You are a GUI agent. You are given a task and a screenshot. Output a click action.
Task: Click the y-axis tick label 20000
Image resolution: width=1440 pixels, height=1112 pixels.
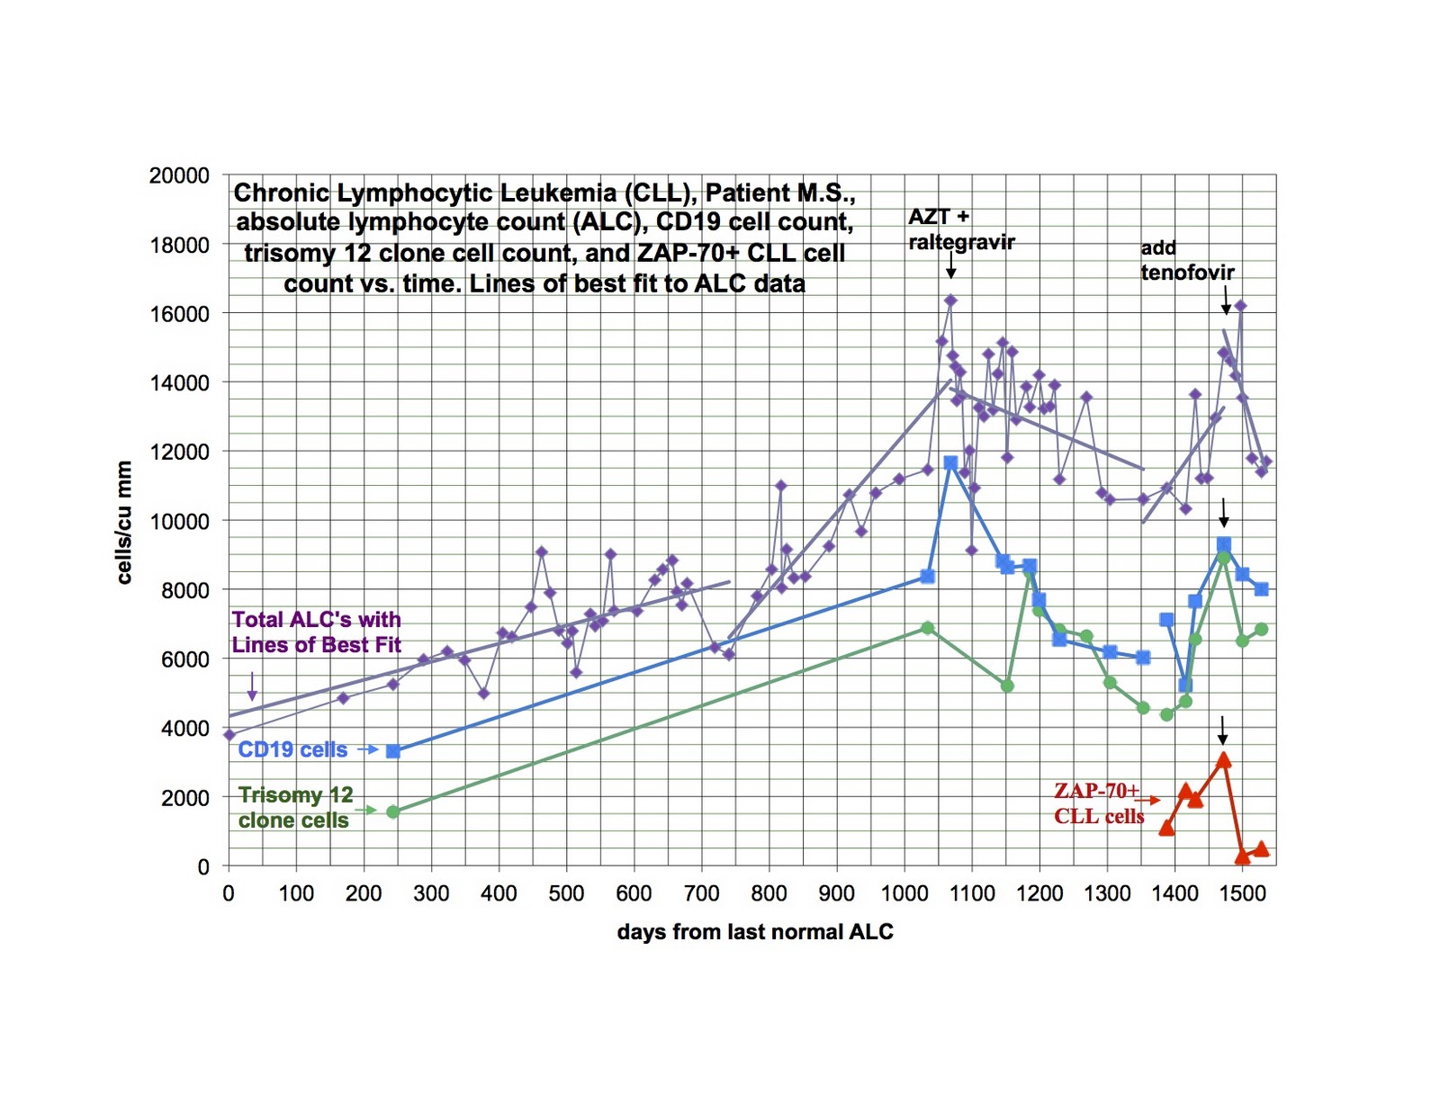179,175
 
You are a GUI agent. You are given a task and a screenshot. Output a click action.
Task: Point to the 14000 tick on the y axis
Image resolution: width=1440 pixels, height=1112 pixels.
179,382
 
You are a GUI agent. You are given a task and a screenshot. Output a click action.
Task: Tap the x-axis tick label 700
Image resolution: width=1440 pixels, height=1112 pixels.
702,893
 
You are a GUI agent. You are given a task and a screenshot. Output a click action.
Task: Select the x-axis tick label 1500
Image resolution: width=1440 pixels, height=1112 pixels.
1243,893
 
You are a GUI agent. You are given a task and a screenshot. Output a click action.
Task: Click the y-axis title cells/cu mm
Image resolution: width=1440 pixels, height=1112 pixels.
124,522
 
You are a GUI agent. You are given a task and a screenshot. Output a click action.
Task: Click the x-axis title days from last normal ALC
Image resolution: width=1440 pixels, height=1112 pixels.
755,932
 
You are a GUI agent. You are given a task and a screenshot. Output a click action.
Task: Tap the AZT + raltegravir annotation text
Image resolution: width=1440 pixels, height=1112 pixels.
960,229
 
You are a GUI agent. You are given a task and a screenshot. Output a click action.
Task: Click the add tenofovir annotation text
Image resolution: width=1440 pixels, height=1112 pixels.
1187,260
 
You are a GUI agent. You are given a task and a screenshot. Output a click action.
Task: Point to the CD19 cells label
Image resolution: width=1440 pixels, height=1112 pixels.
292,749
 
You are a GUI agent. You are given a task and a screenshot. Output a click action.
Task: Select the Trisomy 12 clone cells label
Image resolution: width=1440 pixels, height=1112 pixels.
295,807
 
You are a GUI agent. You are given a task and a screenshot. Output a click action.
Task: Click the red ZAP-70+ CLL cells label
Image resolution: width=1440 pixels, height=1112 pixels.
1099,803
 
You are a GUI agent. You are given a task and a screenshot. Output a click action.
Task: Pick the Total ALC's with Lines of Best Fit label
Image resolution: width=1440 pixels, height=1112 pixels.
316,632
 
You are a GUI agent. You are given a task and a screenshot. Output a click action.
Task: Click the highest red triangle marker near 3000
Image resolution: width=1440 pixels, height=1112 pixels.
1223,760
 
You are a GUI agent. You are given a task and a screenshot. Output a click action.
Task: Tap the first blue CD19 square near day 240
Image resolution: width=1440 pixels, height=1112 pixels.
392,751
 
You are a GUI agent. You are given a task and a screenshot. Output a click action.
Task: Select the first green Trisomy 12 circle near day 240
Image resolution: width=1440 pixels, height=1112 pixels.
392,812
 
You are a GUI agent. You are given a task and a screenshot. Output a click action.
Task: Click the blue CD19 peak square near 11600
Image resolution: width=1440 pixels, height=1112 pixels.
950,462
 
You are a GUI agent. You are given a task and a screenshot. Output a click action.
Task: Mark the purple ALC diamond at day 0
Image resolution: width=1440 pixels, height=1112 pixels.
229,734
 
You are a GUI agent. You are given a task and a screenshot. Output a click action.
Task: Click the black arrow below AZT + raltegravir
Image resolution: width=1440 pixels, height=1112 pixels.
950,267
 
